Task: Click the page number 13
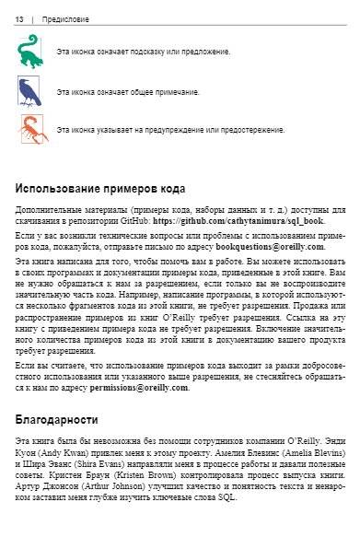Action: coord(20,18)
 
